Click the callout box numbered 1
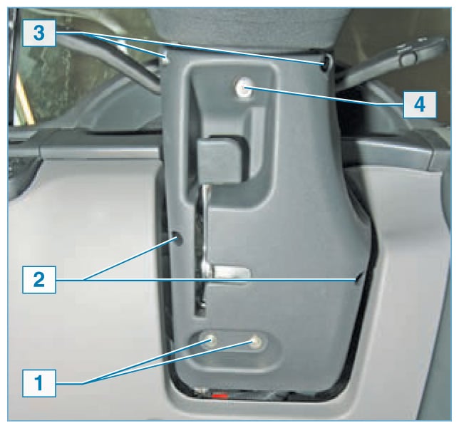tap(39, 383)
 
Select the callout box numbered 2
tap(39, 280)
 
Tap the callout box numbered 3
tap(39, 33)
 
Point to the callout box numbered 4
tap(420, 105)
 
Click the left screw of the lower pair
tap(210, 341)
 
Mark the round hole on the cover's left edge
tap(177, 238)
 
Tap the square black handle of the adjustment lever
tap(218, 160)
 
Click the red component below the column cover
tap(220, 397)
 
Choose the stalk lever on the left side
tap(108, 61)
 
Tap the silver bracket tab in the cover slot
tap(231, 273)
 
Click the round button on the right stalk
tap(407, 59)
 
